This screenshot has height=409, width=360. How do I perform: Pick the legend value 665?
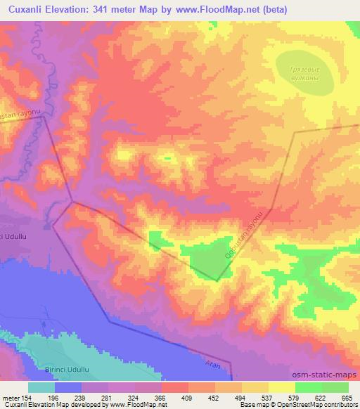pyautogui.click(x=347, y=398)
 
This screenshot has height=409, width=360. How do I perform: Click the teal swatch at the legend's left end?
pyautogui.click(x=41, y=387)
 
